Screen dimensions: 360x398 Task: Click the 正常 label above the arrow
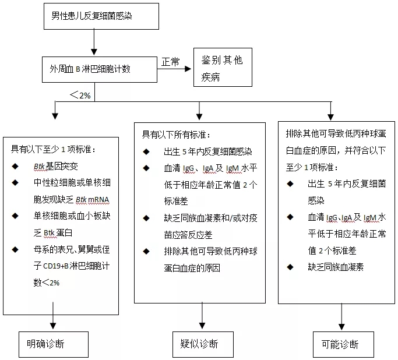click(170, 62)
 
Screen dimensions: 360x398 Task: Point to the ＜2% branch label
click(79, 94)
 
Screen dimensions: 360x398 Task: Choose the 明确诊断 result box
click(52, 343)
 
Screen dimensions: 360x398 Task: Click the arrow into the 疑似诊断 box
click(202, 317)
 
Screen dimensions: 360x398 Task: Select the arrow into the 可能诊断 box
click(340, 317)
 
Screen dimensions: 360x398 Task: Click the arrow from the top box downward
click(93, 43)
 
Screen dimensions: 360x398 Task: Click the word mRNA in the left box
click(97, 200)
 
